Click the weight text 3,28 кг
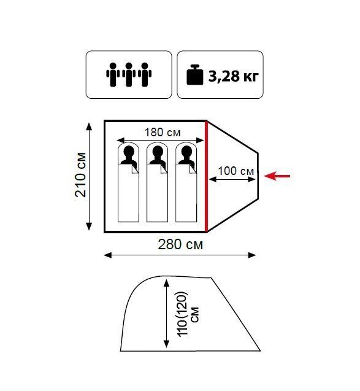pyautogui.click(x=234, y=76)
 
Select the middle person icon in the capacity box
pyautogui.click(x=129, y=74)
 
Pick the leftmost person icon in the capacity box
pyautogui.click(x=113, y=74)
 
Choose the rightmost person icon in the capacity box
pyautogui.click(x=145, y=74)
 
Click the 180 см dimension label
pyautogui.click(x=163, y=133)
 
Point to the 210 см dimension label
pyautogui.click(x=81, y=175)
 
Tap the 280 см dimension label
pyautogui.click(x=180, y=245)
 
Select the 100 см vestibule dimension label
pyautogui.click(x=236, y=171)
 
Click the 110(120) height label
pyautogui.click(x=183, y=314)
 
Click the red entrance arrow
pyautogui.click(x=277, y=176)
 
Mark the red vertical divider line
pyautogui.click(x=206, y=177)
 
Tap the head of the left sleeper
pyautogui.click(x=129, y=151)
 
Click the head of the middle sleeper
pyautogui.click(x=158, y=151)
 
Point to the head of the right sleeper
pyautogui.click(x=186, y=151)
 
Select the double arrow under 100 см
pyautogui.click(x=232, y=179)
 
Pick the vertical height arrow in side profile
pyautogui.click(x=166, y=314)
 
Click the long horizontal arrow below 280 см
pyautogui.click(x=180, y=255)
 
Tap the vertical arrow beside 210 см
pyautogui.click(x=89, y=177)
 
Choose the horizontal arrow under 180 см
pyautogui.click(x=160, y=141)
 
